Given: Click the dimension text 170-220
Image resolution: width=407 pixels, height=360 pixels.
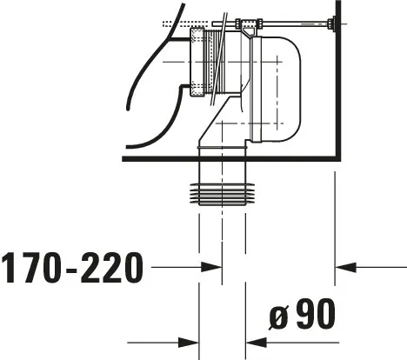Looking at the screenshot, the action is [72, 267].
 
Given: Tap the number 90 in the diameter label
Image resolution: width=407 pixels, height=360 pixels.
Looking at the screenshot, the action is [316, 314].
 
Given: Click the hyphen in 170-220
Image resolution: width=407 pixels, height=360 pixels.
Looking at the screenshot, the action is [71, 270].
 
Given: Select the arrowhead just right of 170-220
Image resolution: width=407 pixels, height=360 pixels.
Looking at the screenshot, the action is [211, 267].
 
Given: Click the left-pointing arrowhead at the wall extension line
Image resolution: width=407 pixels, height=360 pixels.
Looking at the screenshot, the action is [345, 267].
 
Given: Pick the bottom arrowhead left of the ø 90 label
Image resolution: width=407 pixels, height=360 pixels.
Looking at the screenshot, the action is [257, 343].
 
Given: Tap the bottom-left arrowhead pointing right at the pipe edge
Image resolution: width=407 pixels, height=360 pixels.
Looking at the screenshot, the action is [189, 343].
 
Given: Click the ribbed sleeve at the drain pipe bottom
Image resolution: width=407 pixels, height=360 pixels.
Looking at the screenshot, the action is [223, 194].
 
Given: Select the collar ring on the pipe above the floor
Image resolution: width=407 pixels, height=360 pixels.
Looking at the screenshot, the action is [222, 148].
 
